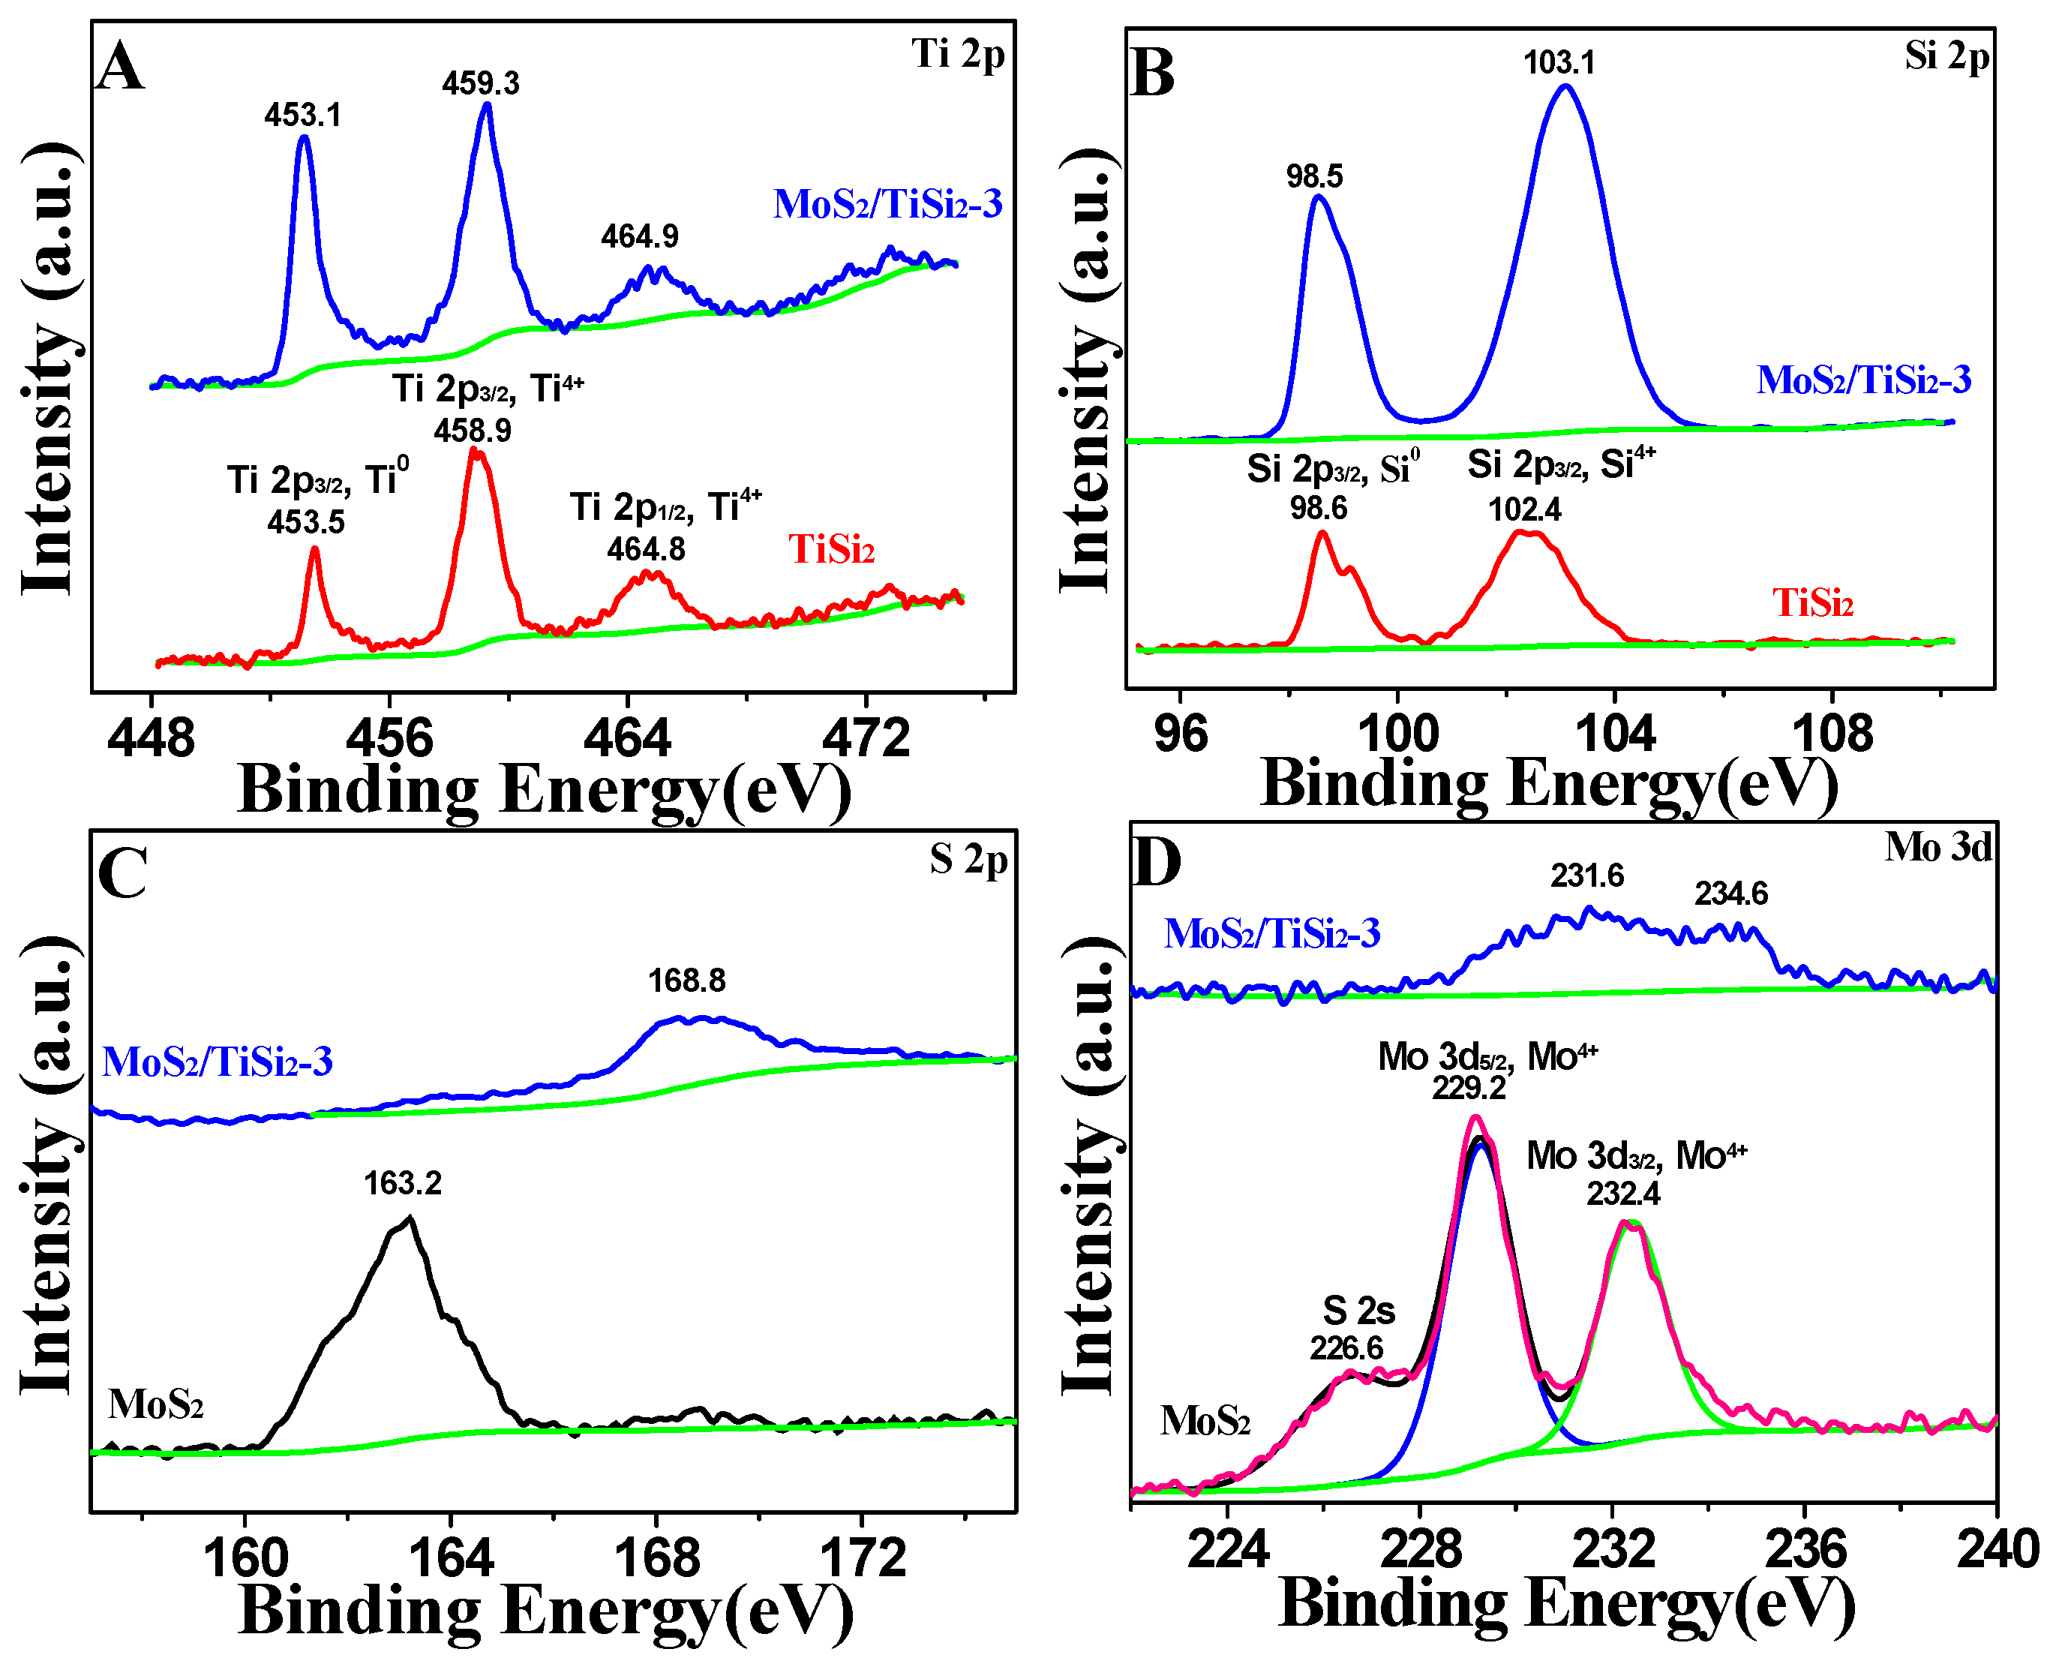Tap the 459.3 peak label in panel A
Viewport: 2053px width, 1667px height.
coord(480,83)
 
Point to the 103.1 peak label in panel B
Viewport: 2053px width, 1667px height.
coord(1559,63)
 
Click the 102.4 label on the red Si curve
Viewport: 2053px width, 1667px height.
coord(1525,509)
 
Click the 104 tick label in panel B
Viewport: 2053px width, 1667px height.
coord(1615,734)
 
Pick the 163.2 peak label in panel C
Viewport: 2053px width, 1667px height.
coord(402,1183)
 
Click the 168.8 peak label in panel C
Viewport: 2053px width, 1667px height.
coord(686,981)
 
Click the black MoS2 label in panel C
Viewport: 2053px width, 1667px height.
coord(155,1405)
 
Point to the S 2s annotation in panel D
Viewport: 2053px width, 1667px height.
coord(1358,1311)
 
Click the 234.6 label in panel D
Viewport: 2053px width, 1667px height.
coord(1730,894)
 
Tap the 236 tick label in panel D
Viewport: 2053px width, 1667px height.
coord(1805,1550)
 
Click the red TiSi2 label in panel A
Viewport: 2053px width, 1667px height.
coord(832,549)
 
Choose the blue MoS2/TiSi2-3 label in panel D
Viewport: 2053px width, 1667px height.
coord(1271,933)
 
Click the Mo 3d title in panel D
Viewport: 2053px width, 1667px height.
coord(1937,847)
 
